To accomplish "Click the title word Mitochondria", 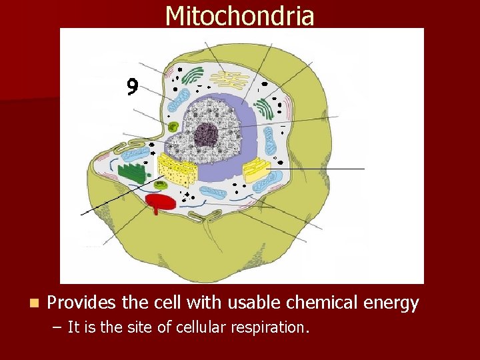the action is (x=239, y=15).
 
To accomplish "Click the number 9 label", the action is (x=133, y=87).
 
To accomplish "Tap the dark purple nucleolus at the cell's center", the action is (x=206, y=134).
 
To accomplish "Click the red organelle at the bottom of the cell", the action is (x=159, y=202).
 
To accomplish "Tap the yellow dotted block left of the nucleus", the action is (x=177, y=171).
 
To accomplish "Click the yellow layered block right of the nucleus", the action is (x=257, y=171).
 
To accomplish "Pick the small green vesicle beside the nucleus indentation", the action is (x=173, y=127).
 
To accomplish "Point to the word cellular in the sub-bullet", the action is (x=199, y=327).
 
